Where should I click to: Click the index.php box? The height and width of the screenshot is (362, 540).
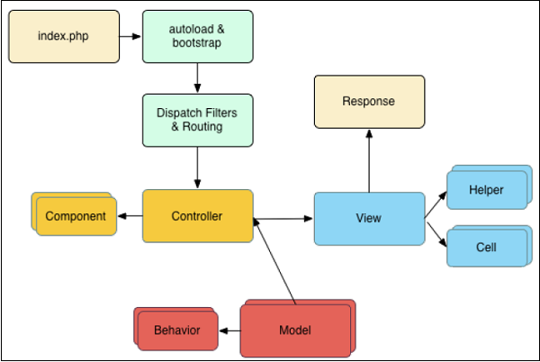click(63, 36)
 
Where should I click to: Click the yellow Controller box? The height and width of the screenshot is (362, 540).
click(197, 216)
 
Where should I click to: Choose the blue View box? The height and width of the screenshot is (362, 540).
click(369, 218)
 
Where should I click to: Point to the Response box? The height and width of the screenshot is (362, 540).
click(368, 101)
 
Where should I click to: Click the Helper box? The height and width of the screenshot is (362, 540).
click(487, 191)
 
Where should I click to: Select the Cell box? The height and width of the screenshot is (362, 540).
click(487, 246)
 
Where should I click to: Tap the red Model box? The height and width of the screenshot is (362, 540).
click(295, 330)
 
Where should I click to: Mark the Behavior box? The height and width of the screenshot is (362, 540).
click(176, 330)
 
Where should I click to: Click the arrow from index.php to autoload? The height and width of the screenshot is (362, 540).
click(130, 37)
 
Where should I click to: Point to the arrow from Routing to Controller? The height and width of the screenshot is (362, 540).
click(196, 167)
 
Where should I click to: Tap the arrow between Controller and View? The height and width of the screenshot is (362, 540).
click(283, 217)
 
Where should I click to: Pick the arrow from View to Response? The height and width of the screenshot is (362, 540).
click(368, 158)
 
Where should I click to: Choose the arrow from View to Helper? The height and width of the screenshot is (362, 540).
click(436, 203)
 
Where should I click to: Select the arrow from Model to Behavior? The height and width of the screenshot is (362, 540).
click(229, 330)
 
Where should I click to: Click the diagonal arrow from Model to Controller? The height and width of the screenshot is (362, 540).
click(276, 262)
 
